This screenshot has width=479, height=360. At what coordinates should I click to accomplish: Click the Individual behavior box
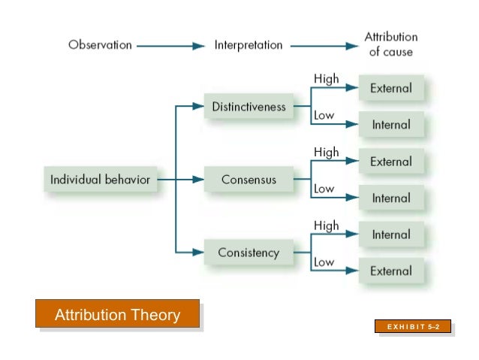(x=100, y=180)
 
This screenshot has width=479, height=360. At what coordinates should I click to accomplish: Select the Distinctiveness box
(x=249, y=107)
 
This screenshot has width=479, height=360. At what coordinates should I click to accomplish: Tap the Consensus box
(x=249, y=180)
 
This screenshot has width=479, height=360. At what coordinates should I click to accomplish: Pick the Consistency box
(x=249, y=253)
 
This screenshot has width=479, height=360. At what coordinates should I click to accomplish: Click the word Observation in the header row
(x=100, y=45)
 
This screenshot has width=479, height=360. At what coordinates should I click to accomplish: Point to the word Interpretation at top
(x=249, y=45)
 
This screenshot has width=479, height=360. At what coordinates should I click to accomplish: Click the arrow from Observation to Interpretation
(x=171, y=46)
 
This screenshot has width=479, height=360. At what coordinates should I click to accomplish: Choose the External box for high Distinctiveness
(x=390, y=88)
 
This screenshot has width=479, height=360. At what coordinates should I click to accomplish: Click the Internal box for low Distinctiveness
(x=390, y=125)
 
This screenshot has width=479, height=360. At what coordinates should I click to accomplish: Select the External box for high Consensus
(x=390, y=161)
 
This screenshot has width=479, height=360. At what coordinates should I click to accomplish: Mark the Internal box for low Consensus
(x=390, y=198)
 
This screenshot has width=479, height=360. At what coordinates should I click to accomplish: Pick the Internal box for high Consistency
(x=390, y=234)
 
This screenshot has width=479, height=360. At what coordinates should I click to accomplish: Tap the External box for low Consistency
(x=390, y=271)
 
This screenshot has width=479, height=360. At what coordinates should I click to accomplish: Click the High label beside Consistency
(x=327, y=225)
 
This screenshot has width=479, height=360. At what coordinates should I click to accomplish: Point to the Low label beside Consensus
(x=324, y=189)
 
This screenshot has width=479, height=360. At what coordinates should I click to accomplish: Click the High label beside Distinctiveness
(x=327, y=79)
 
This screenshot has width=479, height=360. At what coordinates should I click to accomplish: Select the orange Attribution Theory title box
(x=117, y=314)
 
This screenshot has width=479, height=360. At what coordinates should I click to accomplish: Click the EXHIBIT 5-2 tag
(x=414, y=327)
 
